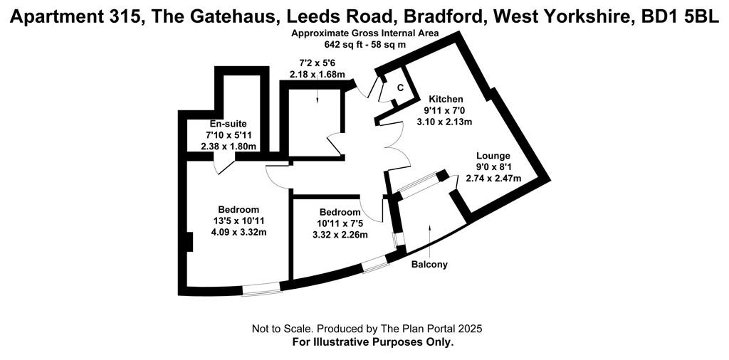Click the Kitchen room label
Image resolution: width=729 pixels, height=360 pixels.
[x=446, y=99]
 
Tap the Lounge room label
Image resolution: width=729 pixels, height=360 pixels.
[x=493, y=156]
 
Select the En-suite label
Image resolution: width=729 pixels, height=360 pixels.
[x=228, y=124]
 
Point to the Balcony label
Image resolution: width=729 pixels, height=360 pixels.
[x=429, y=265]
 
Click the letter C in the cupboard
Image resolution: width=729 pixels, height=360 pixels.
[x=399, y=88]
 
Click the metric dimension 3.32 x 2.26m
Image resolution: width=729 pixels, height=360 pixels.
[x=340, y=235]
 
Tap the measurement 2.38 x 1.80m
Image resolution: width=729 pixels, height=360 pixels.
[x=229, y=147]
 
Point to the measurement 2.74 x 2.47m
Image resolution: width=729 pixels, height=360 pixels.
[x=493, y=178]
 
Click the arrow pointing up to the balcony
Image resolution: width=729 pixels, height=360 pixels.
[x=429, y=242]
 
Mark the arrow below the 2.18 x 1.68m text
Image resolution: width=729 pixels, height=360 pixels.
[x=317, y=90]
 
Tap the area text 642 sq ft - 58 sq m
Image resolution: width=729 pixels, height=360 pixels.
[x=365, y=45]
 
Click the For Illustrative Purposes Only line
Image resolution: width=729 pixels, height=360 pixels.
[x=373, y=343]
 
